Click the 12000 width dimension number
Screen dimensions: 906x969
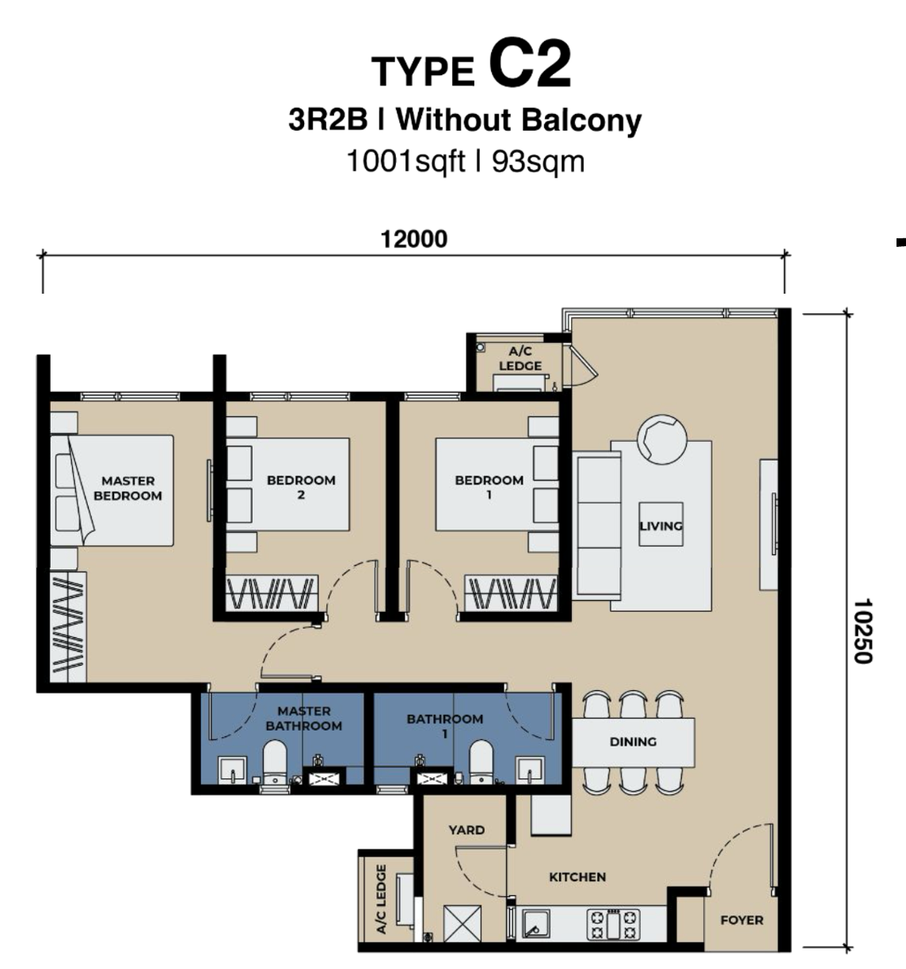pyautogui.click(x=413, y=239)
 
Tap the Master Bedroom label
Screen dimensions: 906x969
pyautogui.click(x=128, y=488)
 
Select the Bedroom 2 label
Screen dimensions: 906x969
pyautogui.click(x=301, y=488)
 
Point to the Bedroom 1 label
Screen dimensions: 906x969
pyautogui.click(x=489, y=488)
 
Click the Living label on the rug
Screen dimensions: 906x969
pyautogui.click(x=661, y=526)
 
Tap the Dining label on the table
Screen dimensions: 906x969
pyautogui.click(x=633, y=742)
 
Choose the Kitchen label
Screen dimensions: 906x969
pyautogui.click(x=577, y=877)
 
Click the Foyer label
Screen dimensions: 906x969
pyautogui.click(x=741, y=920)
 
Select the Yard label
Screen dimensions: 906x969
pyautogui.click(x=466, y=830)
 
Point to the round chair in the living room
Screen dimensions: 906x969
pyautogui.click(x=662, y=439)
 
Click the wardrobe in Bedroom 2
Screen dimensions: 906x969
pyautogui.click(x=272, y=592)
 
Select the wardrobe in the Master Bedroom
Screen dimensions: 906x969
pyautogui.click(x=68, y=627)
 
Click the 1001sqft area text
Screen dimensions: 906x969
pyautogui.click(x=405, y=161)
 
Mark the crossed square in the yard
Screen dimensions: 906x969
pyautogui.click(x=463, y=924)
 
